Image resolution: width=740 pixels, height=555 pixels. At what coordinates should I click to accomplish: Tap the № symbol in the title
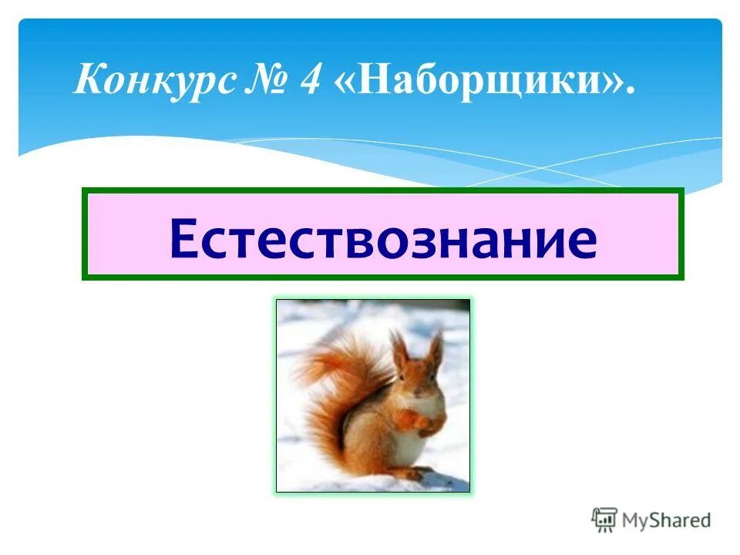264,80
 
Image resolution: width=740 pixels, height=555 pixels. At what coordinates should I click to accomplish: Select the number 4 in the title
310,80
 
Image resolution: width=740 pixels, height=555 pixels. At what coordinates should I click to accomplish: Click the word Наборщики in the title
477,80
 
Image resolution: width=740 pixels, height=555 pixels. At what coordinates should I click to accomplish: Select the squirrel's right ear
436,347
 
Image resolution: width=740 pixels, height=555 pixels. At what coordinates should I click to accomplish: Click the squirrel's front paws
420,420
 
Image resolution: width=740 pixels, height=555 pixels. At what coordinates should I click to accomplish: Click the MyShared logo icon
604,520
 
